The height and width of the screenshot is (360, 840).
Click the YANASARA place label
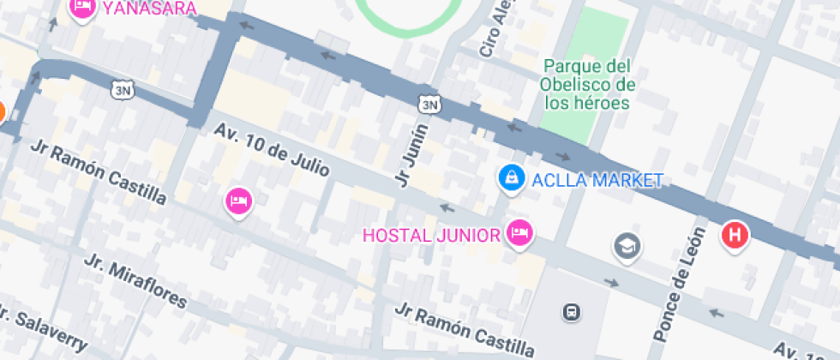click(x=149, y=9)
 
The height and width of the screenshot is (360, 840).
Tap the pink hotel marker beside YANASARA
click(x=81, y=8)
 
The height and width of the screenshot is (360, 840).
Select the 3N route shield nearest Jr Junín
click(x=429, y=104)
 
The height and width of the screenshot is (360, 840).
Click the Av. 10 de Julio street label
click(x=272, y=150)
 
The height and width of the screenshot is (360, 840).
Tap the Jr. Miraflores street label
click(x=135, y=280)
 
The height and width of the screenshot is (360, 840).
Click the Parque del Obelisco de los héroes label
click(x=587, y=85)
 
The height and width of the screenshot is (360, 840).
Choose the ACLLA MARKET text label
click(x=597, y=180)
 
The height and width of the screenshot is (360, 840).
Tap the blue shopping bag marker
click(x=511, y=177)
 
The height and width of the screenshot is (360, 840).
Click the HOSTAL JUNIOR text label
click(x=431, y=235)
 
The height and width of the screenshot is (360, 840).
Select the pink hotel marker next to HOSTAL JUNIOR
click(x=519, y=231)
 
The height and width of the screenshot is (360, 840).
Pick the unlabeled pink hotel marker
click(x=238, y=201)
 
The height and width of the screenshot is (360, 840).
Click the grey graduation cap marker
click(x=627, y=247)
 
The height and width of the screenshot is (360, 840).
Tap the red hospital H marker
click(x=735, y=234)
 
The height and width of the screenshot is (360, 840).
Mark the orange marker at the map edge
click(x=2, y=111)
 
